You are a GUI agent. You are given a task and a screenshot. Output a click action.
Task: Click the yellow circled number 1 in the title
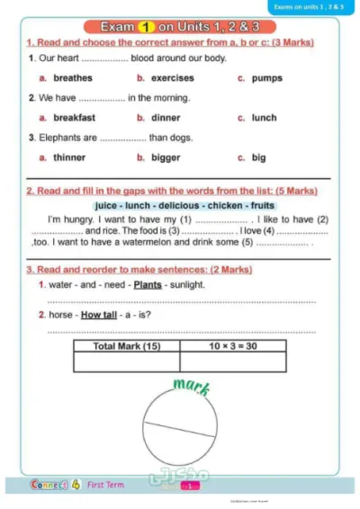[147, 27]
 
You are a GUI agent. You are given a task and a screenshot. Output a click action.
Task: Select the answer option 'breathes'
[72, 78]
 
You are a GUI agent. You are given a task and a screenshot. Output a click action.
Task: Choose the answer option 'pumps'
[266, 78]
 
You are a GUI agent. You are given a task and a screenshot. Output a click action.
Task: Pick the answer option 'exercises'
[172, 78]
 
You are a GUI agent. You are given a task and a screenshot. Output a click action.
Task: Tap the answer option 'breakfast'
[74, 118]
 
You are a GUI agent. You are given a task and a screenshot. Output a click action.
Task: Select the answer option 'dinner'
[166, 118]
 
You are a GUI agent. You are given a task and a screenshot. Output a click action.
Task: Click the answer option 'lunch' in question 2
[264, 118]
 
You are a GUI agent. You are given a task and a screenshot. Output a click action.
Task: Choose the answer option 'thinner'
[69, 157]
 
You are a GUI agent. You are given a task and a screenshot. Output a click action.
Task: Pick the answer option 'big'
[258, 157]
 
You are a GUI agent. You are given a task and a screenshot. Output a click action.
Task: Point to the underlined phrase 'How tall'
[99, 316]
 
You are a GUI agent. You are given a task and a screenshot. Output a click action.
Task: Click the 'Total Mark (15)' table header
[126, 345]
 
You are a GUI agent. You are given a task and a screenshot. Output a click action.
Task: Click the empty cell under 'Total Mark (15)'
[126, 362]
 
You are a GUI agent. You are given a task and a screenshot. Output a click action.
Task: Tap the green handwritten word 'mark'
[192, 388]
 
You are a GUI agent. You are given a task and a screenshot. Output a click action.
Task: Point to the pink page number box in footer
[191, 487]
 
